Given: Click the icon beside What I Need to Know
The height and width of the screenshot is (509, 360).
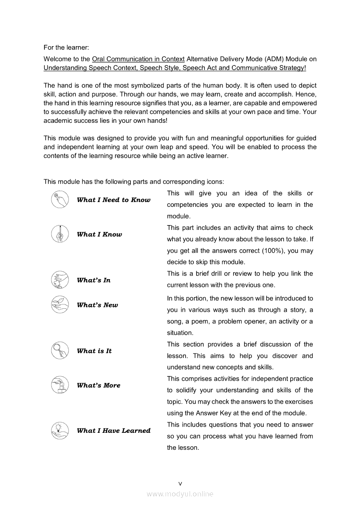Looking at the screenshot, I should point(60,200).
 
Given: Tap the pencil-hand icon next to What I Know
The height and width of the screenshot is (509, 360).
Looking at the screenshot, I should point(60,234).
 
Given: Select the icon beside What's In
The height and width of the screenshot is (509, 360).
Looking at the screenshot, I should point(60,280).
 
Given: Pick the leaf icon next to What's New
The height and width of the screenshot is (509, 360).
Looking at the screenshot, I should point(60,305).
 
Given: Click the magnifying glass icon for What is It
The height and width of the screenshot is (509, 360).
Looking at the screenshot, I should point(60,351).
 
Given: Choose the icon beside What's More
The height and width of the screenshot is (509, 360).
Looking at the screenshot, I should point(60,385).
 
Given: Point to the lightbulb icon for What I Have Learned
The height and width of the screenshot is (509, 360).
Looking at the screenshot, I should point(60,430).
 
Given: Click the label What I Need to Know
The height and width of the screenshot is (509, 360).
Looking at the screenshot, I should point(113,200).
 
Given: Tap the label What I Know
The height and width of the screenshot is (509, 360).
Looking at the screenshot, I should point(99,234).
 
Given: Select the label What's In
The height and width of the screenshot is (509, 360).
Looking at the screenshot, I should point(94,280).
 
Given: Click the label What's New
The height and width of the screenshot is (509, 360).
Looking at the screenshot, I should point(97,305).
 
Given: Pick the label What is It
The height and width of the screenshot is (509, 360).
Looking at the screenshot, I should point(94,351).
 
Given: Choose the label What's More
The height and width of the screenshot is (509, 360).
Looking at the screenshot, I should point(98,385).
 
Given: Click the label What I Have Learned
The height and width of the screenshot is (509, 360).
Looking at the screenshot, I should point(113,430).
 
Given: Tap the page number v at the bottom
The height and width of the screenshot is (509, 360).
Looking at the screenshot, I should point(180,483).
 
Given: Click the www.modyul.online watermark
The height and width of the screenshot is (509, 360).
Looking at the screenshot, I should point(180,494).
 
